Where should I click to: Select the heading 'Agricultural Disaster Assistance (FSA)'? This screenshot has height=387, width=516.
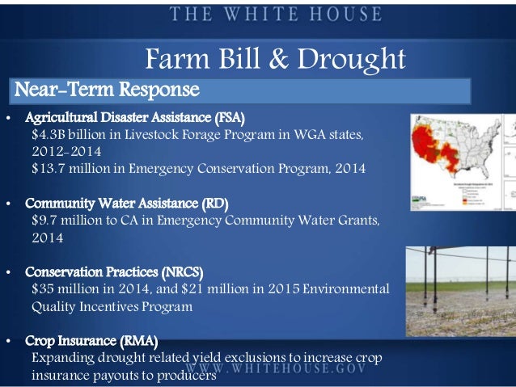134,117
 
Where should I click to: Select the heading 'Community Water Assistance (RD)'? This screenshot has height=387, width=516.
126,202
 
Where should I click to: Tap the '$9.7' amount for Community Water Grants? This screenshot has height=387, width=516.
46,220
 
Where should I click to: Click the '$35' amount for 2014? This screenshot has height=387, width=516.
44,288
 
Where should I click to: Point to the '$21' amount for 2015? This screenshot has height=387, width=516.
205,288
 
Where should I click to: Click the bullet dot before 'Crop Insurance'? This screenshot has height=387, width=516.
7,341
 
